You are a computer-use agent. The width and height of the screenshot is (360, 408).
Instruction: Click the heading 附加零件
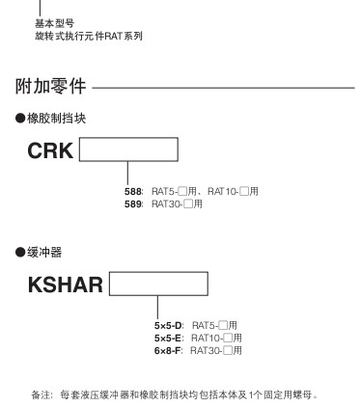tap(50, 86)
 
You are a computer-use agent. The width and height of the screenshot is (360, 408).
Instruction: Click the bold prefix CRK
tap(50, 150)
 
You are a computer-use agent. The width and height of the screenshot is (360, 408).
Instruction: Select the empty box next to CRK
tap(128, 150)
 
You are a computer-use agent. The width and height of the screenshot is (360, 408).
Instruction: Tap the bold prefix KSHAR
tap(66, 285)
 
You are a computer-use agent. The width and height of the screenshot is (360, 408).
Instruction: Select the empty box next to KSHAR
tap(158, 284)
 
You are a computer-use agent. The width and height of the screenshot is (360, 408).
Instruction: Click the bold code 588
tap(132, 192)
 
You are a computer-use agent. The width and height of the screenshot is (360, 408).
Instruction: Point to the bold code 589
tap(132, 204)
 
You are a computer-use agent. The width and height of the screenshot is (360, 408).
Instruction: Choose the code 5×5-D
tap(168, 326)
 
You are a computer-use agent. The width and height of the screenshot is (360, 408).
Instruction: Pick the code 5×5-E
tap(168, 339)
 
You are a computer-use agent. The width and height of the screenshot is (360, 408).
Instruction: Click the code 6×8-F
tap(167, 350)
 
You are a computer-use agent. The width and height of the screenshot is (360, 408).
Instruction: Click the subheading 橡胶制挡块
tap(56, 119)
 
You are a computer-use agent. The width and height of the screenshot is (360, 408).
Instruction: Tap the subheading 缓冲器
tap(44, 253)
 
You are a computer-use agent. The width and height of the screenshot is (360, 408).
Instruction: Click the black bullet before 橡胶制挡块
tap(20, 119)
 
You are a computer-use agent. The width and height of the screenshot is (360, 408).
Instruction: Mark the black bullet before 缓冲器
tap(20, 253)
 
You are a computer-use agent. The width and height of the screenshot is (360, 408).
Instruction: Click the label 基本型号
tap(54, 23)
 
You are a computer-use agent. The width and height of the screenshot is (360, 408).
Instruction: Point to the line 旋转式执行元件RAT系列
tap(89, 36)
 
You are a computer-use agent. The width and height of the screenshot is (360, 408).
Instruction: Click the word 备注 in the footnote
tap(41, 394)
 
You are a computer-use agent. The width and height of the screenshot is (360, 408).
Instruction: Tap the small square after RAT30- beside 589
tap(188, 204)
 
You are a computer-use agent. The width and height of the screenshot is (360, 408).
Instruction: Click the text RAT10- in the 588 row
tap(223, 192)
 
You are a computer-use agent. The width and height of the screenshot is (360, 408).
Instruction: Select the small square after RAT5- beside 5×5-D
tap(223, 325)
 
